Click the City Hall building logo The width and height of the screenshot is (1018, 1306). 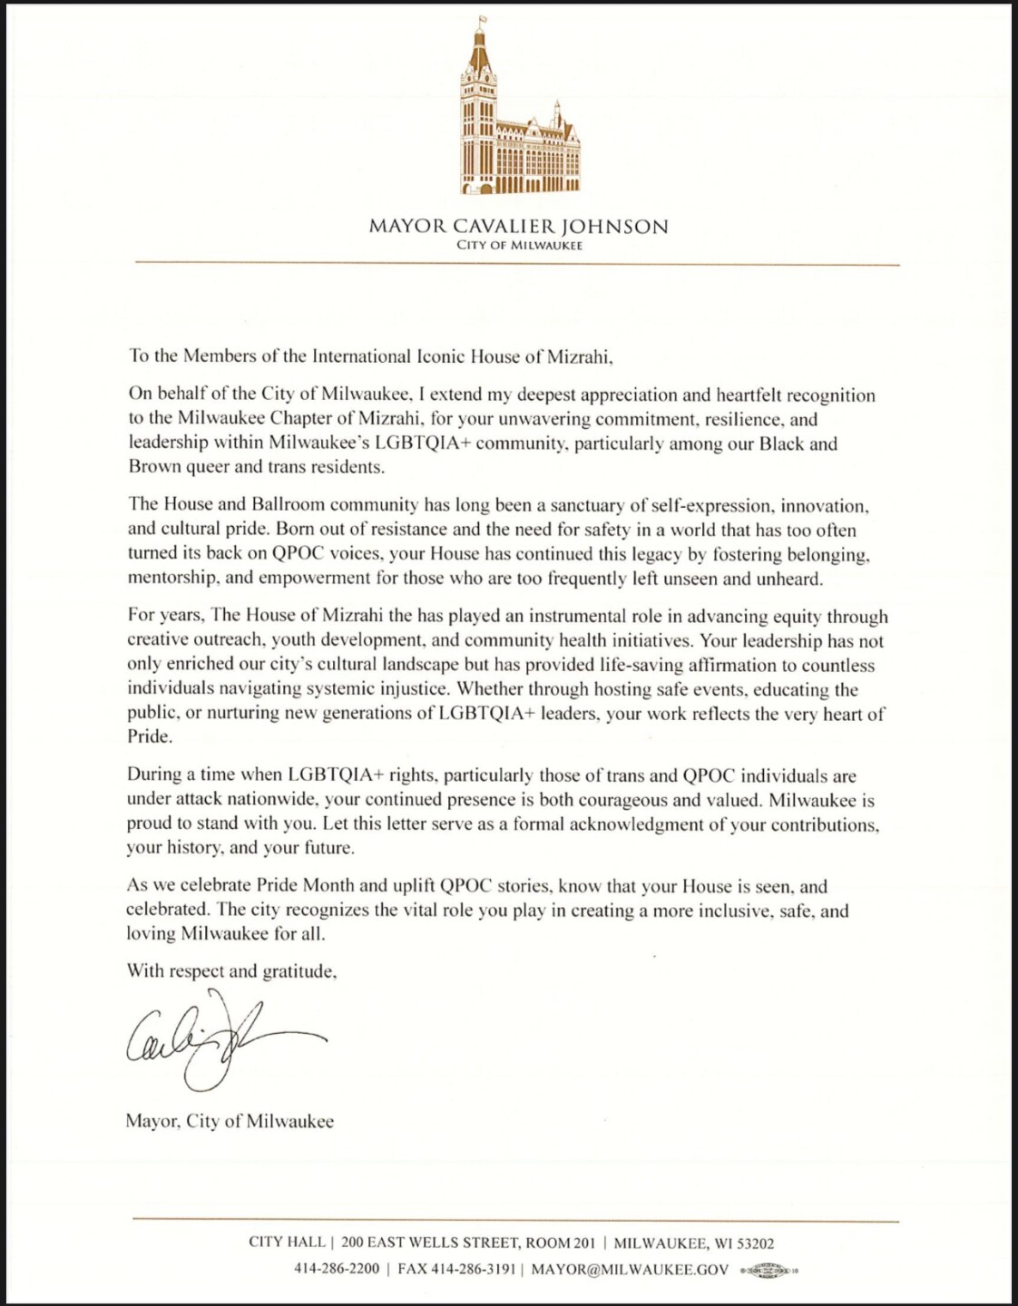[519, 113]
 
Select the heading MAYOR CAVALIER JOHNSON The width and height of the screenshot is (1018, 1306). [518, 226]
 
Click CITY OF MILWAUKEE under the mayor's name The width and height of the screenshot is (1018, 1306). [519, 246]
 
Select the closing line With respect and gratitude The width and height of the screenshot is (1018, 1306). [232, 971]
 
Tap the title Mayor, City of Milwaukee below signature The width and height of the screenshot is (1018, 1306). [230, 1122]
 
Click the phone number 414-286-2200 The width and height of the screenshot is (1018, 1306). [337, 1269]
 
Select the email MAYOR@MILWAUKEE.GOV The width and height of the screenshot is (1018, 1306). [630, 1269]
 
